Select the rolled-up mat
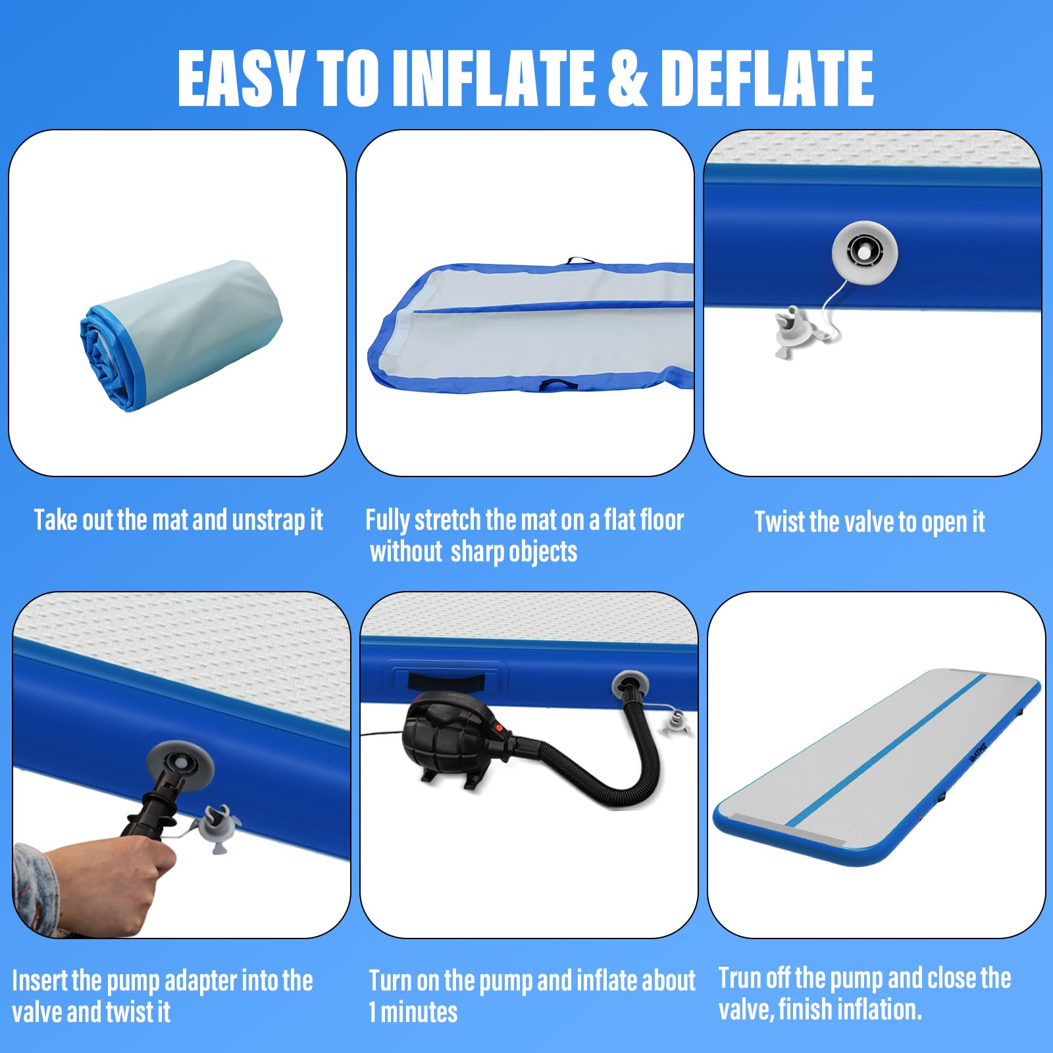coord(181,336)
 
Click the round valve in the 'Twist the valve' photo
coord(864,252)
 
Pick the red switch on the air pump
coord(500,729)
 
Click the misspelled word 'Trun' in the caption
coord(741,978)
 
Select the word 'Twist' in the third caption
coord(780,522)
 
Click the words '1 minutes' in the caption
coord(413,1012)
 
